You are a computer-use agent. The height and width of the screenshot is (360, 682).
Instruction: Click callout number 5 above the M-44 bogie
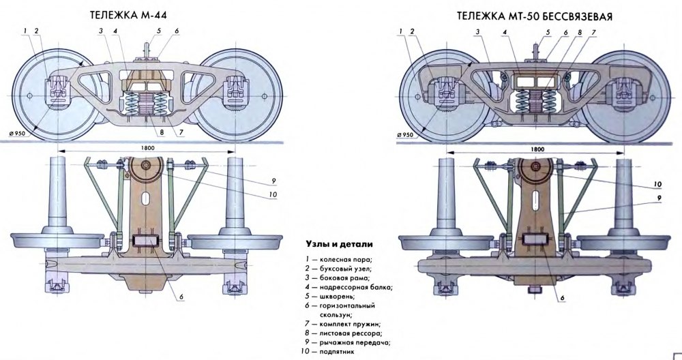[158, 31]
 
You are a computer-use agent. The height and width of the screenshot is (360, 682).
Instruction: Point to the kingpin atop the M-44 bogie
[147, 52]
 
